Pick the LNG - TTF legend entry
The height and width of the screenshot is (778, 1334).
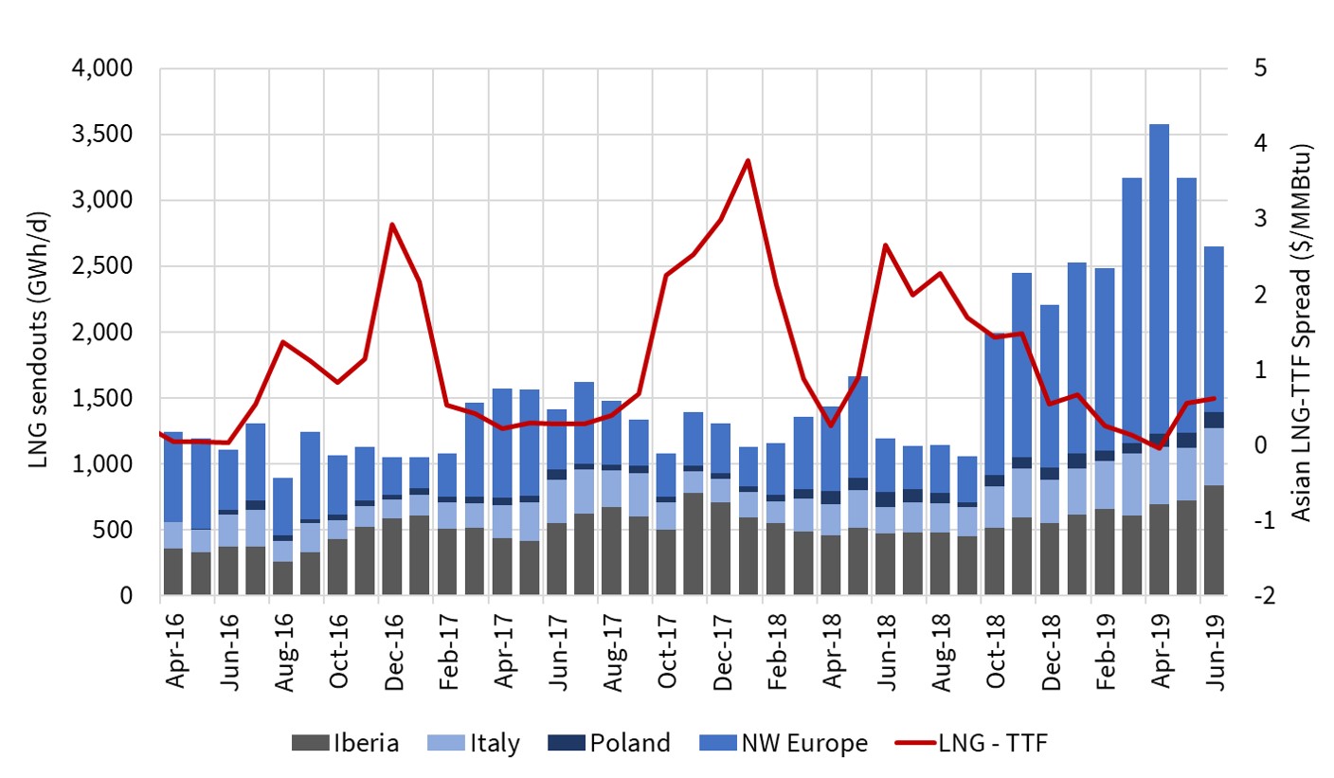click(x=974, y=743)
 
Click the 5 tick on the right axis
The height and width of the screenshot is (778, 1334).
click(x=1244, y=70)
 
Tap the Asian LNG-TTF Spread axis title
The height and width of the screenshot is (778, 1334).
click(x=1301, y=334)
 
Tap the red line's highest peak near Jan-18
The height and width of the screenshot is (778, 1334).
click(x=748, y=160)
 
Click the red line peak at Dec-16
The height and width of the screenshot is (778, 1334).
click(x=392, y=225)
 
